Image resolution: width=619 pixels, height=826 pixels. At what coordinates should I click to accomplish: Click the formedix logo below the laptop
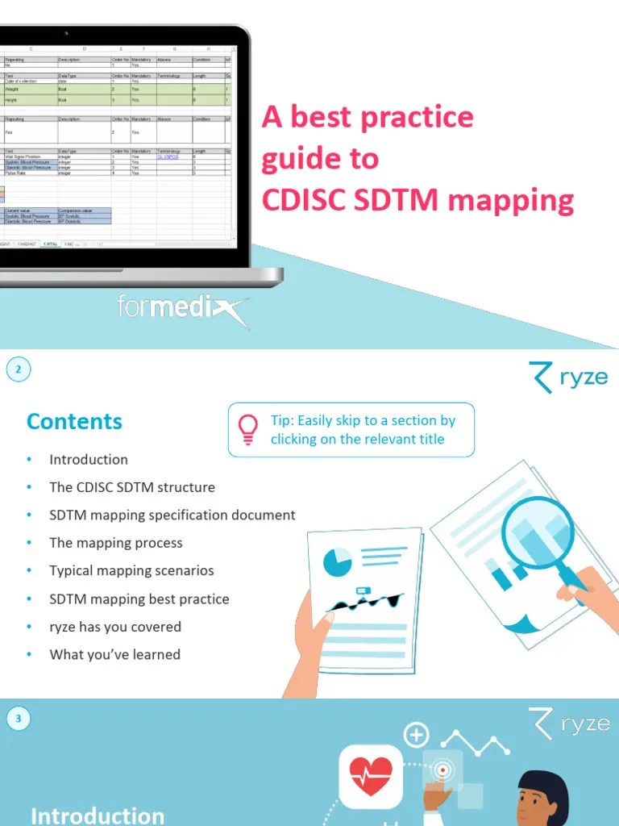(182, 308)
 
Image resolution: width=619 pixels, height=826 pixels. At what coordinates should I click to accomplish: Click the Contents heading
(74, 421)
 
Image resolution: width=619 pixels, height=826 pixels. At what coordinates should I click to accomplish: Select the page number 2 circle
(19, 370)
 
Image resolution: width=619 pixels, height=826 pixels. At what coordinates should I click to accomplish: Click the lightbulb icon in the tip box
(248, 429)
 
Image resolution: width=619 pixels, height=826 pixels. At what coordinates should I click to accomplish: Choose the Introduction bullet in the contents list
(89, 460)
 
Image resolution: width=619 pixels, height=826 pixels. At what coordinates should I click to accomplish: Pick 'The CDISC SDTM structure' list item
(132, 487)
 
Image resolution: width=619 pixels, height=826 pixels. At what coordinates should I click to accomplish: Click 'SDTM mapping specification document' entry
(172, 515)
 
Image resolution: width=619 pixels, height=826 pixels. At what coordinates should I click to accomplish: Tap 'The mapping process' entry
(116, 543)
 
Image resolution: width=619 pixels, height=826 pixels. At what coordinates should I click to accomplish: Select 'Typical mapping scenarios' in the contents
(131, 570)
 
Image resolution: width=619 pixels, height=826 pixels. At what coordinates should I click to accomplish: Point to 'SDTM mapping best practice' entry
(139, 599)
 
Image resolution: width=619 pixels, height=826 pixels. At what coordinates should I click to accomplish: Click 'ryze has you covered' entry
(115, 627)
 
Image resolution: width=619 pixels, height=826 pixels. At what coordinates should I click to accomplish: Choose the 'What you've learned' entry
(114, 654)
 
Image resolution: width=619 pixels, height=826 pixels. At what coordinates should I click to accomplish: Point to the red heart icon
(371, 777)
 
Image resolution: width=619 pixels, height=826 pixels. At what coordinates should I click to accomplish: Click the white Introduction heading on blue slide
(98, 816)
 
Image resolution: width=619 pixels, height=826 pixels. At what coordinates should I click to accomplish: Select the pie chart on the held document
(338, 561)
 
